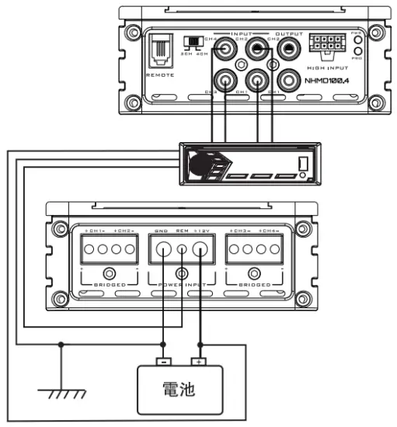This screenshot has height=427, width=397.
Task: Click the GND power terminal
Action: (x=162, y=250)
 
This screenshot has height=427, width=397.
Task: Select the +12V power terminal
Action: (x=201, y=250)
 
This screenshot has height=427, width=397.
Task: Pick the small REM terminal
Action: (x=182, y=250)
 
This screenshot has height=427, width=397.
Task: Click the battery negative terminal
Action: (x=162, y=360)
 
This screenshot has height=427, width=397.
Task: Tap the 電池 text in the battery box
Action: (x=183, y=389)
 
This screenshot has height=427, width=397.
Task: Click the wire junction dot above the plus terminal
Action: (x=201, y=345)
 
